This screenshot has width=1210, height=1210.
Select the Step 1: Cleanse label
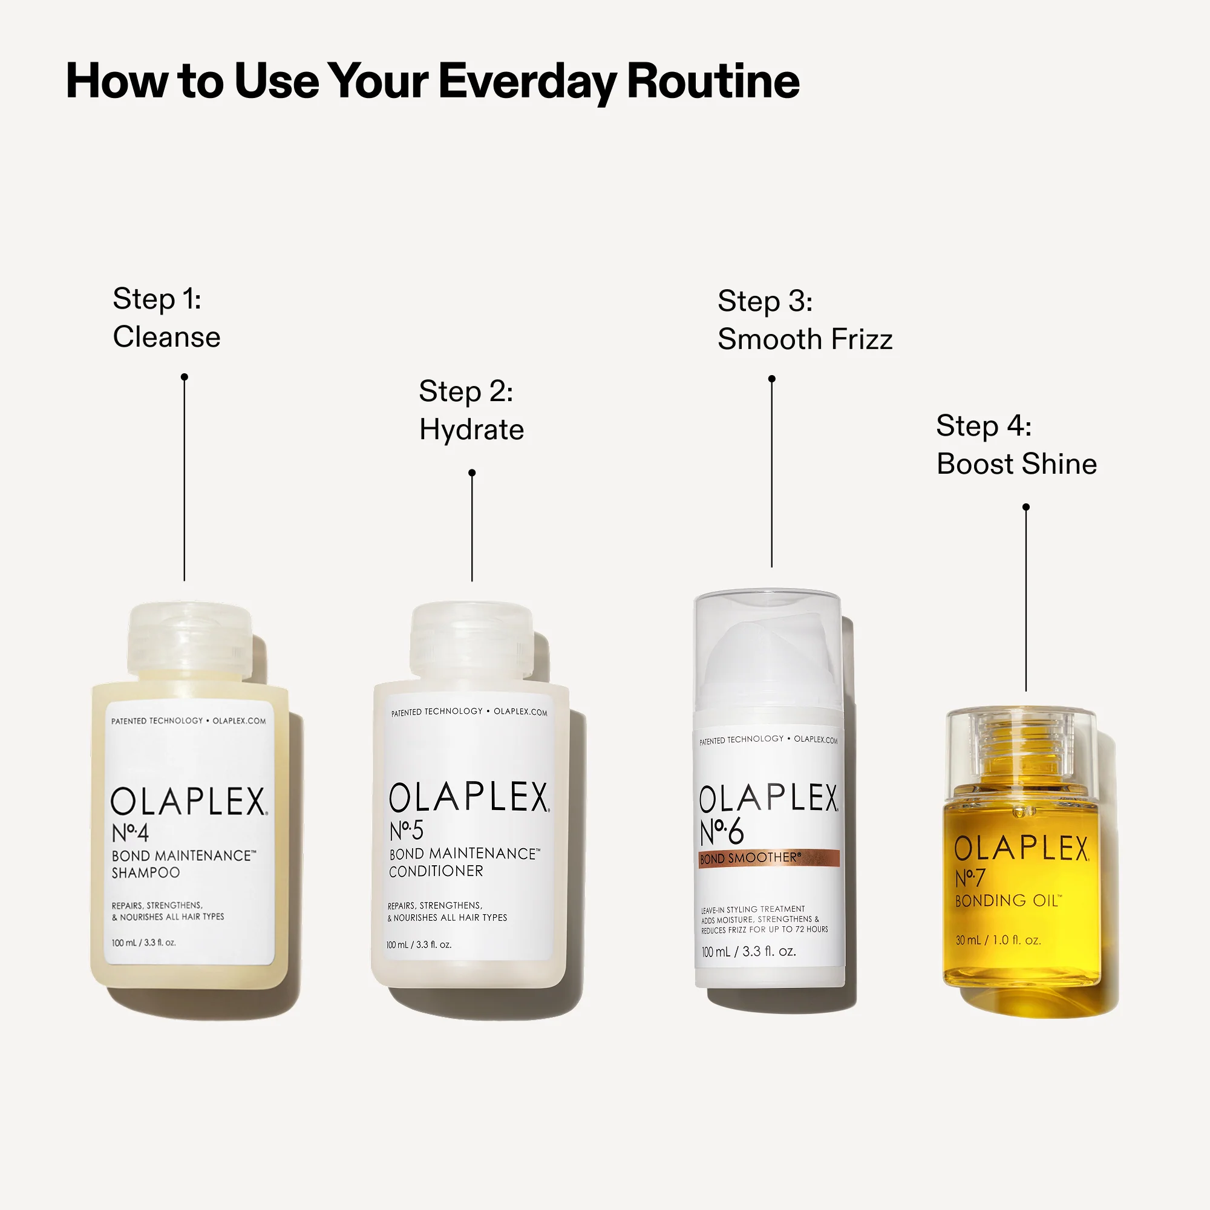[x=166, y=318]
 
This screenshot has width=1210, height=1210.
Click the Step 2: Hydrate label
[x=471, y=410]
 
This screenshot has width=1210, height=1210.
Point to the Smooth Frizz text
[x=805, y=339]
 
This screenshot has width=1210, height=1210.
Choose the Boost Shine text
[x=1016, y=464]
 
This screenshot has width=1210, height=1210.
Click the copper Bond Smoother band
[x=769, y=858]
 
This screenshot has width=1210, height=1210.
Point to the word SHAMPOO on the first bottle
[x=145, y=872]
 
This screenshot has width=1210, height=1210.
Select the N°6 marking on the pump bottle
[x=722, y=832]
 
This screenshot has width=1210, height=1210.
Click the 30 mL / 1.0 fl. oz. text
[x=998, y=940]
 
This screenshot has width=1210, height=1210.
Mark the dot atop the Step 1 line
[x=184, y=377]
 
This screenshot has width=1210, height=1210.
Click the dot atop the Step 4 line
[x=1026, y=506]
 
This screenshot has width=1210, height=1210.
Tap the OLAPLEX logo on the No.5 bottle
[x=468, y=797]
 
